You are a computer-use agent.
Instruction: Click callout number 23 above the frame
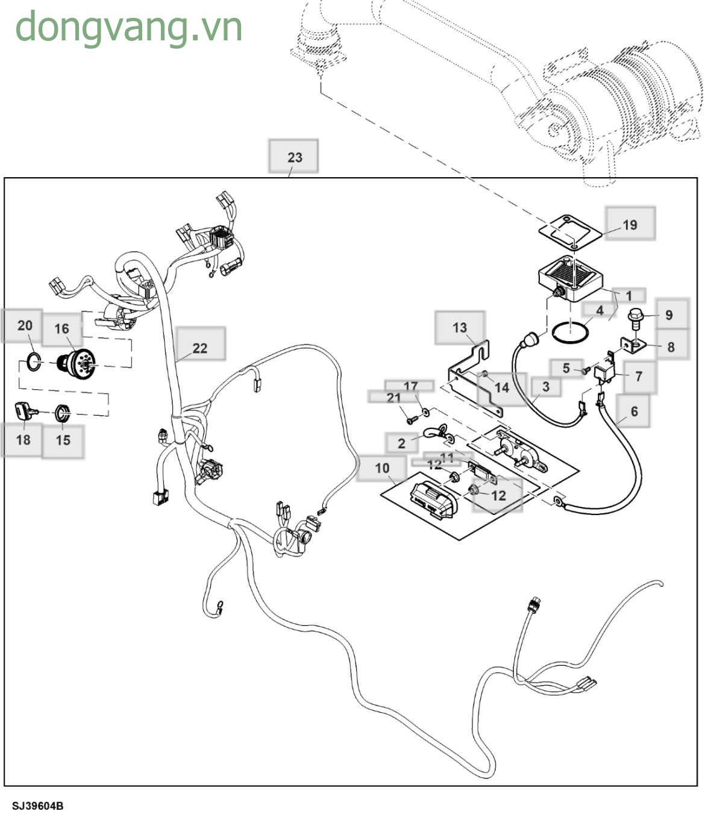coord(294,157)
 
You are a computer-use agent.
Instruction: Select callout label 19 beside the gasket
coord(630,225)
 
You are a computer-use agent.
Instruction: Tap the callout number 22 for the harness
coord(200,348)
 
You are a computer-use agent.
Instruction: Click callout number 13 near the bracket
coord(460,327)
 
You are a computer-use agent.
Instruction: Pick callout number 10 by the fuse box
coord(382,468)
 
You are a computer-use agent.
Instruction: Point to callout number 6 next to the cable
coord(634,411)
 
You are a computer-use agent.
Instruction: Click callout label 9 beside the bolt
coord(669,314)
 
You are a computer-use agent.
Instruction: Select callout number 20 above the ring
coord(25,325)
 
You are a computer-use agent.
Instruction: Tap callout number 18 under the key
coord(23,440)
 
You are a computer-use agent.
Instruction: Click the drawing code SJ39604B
coord(38,806)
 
